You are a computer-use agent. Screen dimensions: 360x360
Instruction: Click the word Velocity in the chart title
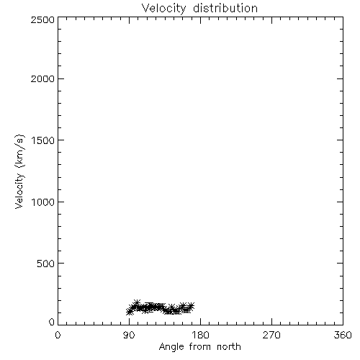click(x=163, y=9)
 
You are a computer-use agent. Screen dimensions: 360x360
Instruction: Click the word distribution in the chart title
click(x=225, y=8)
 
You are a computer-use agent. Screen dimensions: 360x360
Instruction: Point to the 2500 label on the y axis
click(x=42, y=19)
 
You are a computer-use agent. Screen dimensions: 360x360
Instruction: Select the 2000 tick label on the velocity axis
click(x=42, y=79)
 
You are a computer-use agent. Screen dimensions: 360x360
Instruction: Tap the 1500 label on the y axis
click(x=43, y=140)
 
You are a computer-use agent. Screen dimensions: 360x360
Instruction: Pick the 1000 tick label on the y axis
click(x=43, y=202)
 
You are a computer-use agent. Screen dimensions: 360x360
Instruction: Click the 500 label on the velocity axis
click(x=46, y=264)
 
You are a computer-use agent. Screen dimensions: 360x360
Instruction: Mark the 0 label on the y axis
click(x=52, y=322)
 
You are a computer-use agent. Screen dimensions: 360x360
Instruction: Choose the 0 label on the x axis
click(x=58, y=335)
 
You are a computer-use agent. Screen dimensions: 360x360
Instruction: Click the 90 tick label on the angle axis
click(x=129, y=335)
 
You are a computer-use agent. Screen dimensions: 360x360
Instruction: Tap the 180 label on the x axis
click(x=200, y=335)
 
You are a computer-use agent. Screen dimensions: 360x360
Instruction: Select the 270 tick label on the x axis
click(x=271, y=335)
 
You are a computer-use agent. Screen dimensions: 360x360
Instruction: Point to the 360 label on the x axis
click(x=343, y=335)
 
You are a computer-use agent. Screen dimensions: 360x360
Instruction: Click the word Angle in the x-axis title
click(x=171, y=347)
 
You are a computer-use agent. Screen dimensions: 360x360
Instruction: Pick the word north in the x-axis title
click(x=229, y=347)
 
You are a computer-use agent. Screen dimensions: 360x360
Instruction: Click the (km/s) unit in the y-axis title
click(x=19, y=151)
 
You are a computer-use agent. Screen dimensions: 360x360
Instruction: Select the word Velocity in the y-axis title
click(x=19, y=191)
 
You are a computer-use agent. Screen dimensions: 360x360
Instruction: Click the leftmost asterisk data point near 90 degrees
click(x=130, y=312)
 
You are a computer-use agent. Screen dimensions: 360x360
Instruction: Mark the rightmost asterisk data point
click(x=191, y=306)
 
